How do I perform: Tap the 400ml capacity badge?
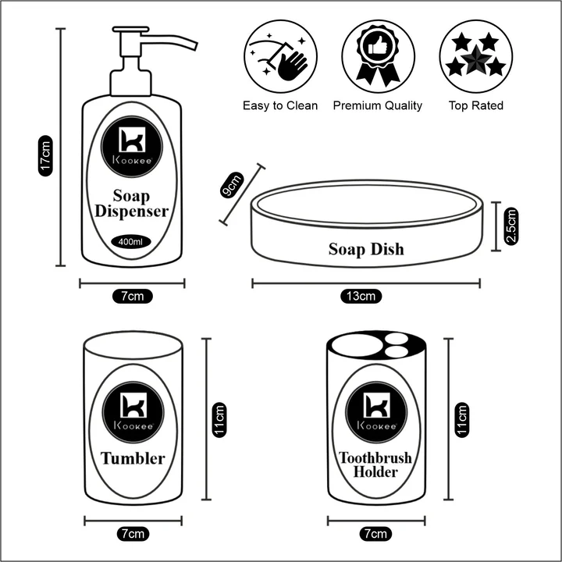coord(131,242)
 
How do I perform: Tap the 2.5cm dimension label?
coord(511,226)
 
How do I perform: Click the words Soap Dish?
coord(366,250)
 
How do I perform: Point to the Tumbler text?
coord(132,458)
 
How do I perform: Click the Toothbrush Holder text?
coord(375,465)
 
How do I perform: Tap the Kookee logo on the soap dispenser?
coord(131,145)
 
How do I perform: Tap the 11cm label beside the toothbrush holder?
coord(462,420)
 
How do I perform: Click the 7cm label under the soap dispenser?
coord(132,296)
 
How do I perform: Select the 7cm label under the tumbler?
coord(132,534)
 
